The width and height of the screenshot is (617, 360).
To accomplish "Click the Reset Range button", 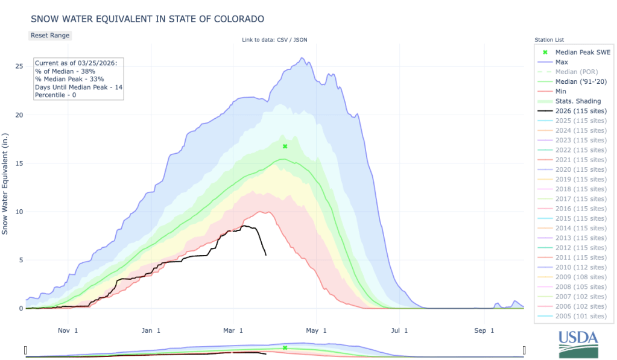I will (50, 36).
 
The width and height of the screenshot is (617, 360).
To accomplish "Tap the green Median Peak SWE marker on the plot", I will (285, 147).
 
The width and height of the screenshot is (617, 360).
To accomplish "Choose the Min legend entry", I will (560, 91).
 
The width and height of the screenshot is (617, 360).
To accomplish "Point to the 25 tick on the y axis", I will (19, 66).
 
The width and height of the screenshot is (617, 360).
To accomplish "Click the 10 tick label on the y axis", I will (19, 212).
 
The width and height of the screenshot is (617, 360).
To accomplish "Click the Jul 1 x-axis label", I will (397, 330).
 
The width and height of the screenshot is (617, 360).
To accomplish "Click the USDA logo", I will (578, 345).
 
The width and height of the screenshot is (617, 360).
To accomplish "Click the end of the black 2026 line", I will (266, 254).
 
